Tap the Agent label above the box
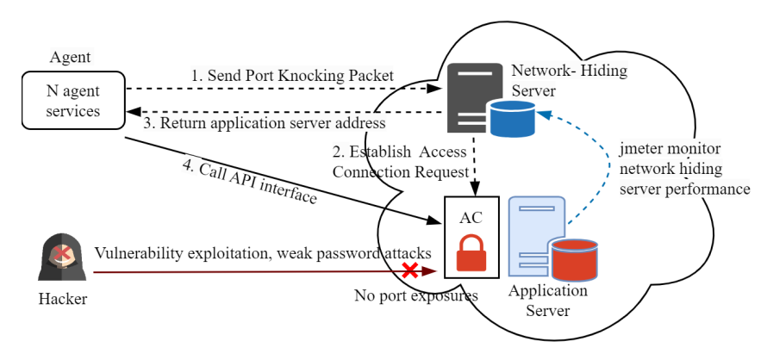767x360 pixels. (x=71, y=58)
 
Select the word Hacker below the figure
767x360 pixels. (x=63, y=299)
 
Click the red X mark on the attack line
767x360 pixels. (x=411, y=270)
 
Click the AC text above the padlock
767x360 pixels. (x=471, y=217)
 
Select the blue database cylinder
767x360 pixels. (x=511, y=119)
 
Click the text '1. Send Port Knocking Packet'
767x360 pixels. (x=292, y=76)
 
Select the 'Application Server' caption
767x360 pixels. (x=547, y=301)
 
